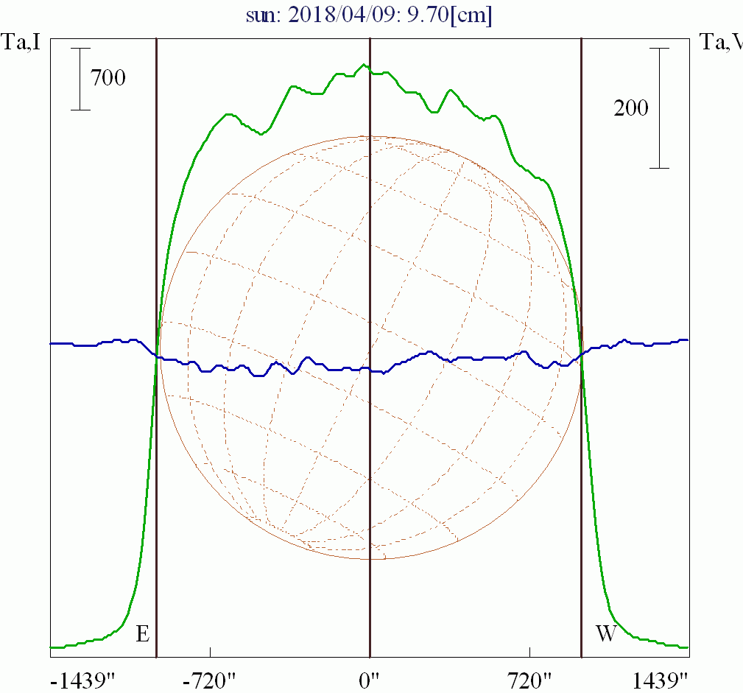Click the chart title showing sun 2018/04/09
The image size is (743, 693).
(x=370, y=14)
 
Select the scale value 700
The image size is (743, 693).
(x=108, y=77)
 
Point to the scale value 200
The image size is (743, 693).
(x=631, y=108)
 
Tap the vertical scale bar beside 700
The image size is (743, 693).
(x=80, y=79)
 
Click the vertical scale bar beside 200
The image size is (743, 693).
(x=659, y=108)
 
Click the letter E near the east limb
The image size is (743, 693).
(x=143, y=633)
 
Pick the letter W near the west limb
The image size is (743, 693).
(x=605, y=633)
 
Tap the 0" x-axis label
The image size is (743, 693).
(x=370, y=679)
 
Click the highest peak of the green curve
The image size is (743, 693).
(x=363, y=65)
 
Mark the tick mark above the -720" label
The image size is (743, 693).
(x=211, y=652)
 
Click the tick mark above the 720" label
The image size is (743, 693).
(x=530, y=652)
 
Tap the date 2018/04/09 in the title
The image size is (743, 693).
(x=348, y=14)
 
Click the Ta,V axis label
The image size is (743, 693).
(x=720, y=43)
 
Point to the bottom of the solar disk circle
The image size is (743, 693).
(x=370, y=559)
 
